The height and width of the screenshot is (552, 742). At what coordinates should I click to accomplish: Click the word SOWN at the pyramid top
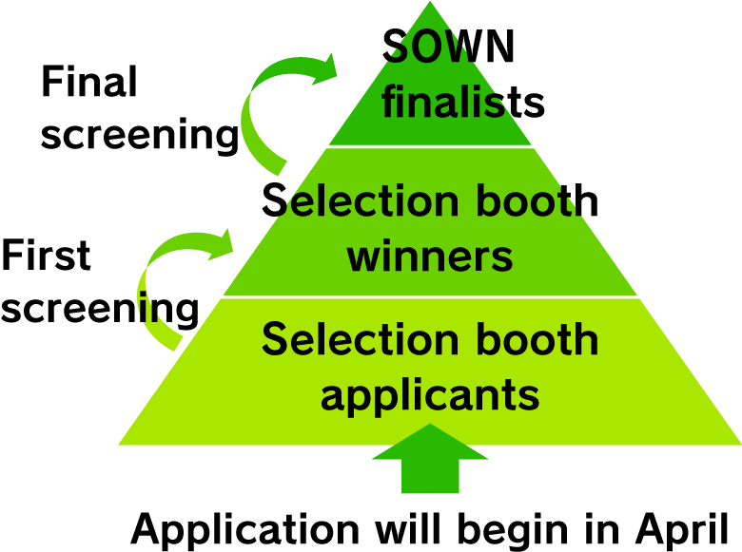448,46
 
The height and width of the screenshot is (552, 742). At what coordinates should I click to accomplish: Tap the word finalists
463,100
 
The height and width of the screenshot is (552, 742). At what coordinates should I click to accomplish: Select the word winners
430,257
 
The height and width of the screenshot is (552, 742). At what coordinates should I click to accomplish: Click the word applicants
430,395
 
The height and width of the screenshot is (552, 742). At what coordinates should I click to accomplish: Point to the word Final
89,81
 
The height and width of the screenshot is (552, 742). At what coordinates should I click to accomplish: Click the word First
46,255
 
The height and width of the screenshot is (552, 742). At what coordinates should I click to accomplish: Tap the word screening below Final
140,135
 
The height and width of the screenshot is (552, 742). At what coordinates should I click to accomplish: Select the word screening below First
100,309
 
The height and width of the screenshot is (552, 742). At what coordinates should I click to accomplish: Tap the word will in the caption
408,527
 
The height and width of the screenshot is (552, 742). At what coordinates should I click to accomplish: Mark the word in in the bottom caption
602,527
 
